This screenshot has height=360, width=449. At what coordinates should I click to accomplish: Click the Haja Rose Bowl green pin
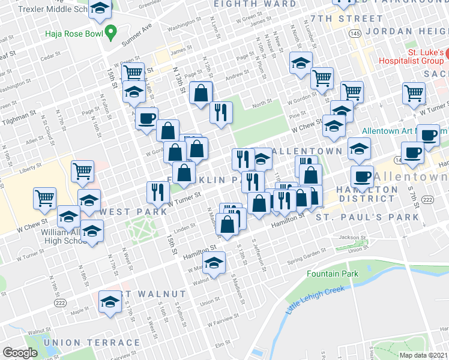110,31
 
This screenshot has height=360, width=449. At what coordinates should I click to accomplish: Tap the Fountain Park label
332,274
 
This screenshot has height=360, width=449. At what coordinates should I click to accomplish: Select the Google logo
20,353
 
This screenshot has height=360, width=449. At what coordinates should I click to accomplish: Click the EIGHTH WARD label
255,4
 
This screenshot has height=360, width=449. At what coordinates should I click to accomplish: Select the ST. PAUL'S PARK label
367,216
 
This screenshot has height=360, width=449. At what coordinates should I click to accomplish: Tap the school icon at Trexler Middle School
100,8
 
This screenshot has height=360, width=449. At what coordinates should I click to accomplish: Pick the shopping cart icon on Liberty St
83,171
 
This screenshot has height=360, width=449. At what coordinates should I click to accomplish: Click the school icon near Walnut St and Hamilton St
214,262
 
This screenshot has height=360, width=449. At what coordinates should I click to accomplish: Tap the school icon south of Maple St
110,301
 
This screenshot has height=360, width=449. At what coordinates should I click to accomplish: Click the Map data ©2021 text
424,355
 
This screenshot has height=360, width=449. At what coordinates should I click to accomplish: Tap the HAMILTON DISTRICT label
368,194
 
